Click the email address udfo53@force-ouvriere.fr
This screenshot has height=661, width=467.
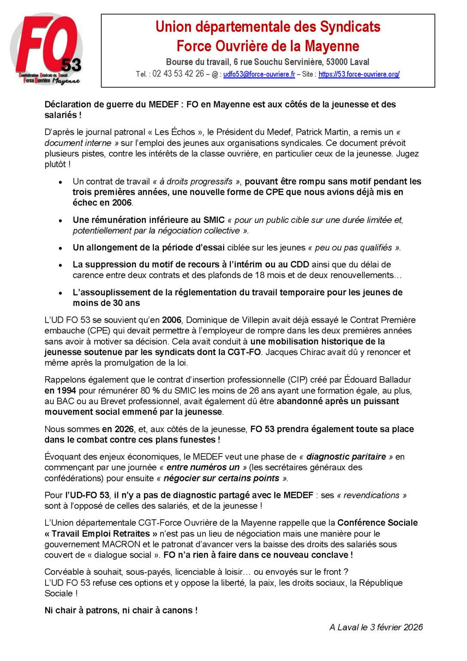259,74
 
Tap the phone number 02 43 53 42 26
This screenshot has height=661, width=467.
178,74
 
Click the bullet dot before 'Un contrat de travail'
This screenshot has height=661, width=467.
61,182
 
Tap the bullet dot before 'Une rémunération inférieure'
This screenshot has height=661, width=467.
61,220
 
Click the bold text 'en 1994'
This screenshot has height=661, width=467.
61,391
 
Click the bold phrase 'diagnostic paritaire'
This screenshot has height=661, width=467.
340,457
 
